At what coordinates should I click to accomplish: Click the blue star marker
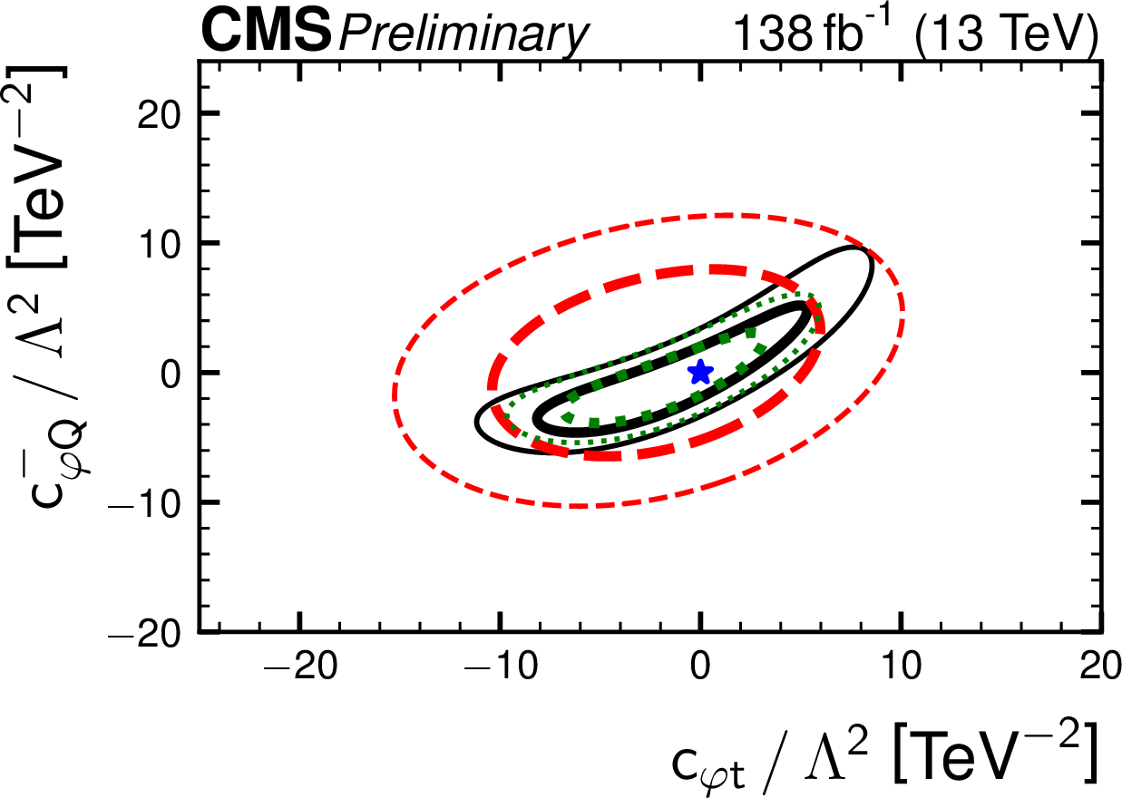[x=699, y=371]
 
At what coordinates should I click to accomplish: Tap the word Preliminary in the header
[x=463, y=36]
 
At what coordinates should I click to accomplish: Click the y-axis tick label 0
[x=172, y=373]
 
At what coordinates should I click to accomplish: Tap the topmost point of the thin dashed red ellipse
[x=726, y=215]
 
